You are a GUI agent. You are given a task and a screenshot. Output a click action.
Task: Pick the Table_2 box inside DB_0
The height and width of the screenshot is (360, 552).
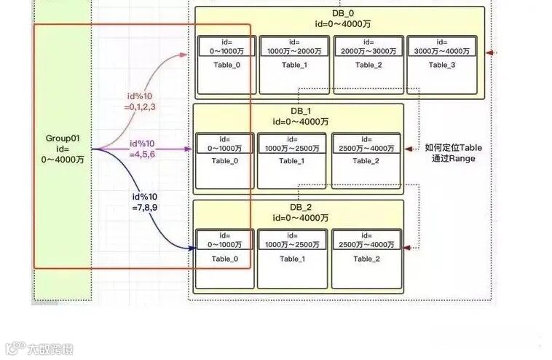(x=368, y=65)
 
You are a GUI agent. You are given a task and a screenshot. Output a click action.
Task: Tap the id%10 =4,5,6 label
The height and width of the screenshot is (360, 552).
(x=142, y=149)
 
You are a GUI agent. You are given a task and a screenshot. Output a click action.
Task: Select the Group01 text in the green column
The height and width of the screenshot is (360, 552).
(x=63, y=138)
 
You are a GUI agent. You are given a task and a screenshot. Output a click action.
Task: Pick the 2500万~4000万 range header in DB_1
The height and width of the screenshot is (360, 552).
(x=366, y=144)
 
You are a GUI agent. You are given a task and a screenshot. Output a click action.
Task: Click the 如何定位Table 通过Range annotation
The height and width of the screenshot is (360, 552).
(x=454, y=152)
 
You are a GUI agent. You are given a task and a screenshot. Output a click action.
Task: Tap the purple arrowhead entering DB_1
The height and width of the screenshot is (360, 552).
(x=192, y=149)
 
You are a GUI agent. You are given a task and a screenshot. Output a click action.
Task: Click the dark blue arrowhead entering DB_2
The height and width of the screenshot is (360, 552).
(x=192, y=249)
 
